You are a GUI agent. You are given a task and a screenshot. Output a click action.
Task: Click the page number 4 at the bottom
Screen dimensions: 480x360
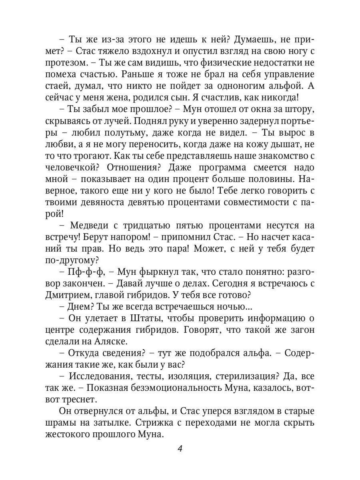pos(180,448)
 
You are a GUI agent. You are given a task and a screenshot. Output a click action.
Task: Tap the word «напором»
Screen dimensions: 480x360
pos(138,237)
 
